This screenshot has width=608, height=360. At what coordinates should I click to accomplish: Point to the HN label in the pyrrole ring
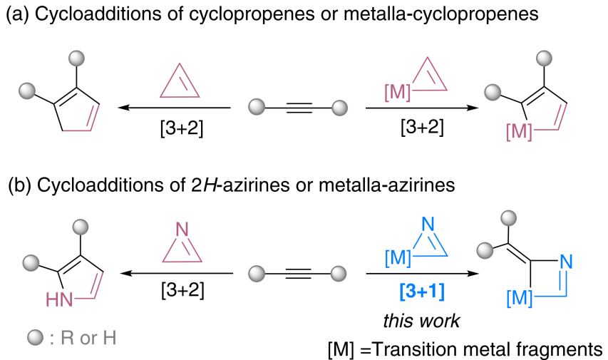point(61,299)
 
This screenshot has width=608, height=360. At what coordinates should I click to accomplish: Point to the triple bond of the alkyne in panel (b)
point(299,273)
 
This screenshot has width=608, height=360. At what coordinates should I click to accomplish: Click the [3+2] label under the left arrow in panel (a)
point(175,128)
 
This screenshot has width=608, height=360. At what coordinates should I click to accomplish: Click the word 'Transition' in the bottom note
point(415,349)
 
